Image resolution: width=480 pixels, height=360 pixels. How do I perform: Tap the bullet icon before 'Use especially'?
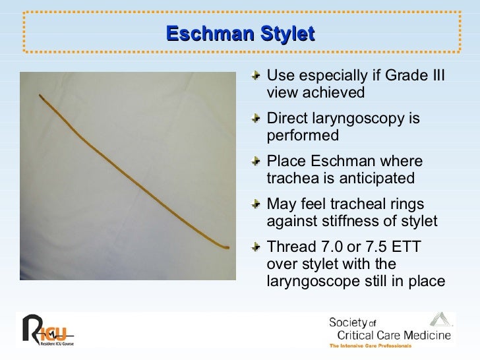coord(257,77)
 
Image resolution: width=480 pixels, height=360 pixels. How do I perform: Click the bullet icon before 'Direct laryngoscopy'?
coord(257,120)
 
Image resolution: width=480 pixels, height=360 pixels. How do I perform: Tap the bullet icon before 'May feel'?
coord(257,206)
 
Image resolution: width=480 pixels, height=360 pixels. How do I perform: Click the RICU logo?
coord(49,330)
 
